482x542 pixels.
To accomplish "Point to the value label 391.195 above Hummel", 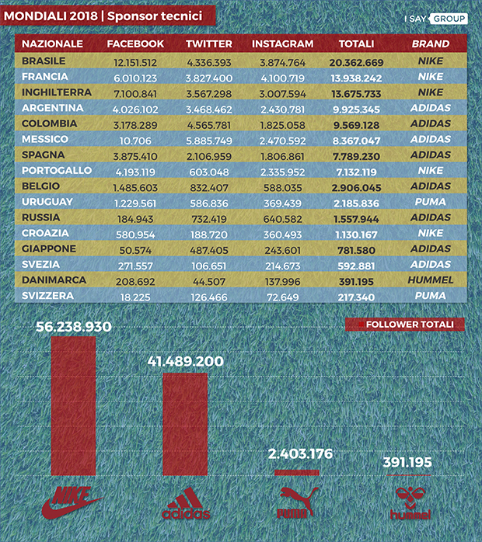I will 407,463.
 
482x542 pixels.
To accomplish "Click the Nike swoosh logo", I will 73,502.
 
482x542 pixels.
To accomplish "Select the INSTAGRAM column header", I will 283,44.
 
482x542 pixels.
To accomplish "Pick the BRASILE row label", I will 44,61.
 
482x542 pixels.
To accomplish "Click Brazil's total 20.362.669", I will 356,61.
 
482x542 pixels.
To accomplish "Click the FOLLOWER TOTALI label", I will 404,325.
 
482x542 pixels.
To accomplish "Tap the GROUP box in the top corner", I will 449,18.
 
